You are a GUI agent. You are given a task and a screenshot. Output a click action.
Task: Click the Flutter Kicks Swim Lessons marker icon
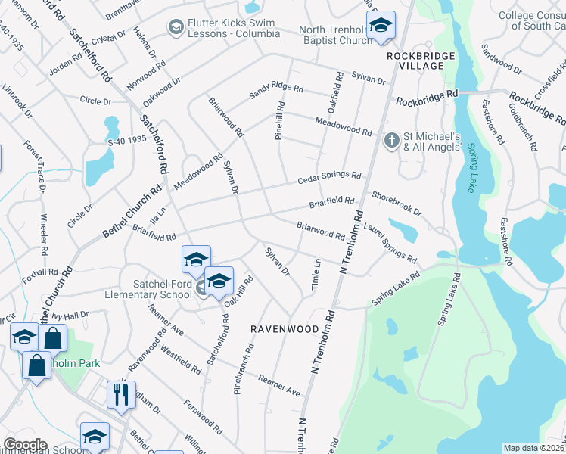click(x=176, y=28)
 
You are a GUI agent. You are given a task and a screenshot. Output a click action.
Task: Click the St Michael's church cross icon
click(x=391, y=141)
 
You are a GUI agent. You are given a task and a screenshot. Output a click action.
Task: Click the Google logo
click(x=25, y=444)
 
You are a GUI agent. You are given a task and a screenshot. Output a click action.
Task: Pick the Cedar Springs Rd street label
click(x=328, y=178)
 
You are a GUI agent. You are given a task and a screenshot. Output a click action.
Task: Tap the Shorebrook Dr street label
click(x=396, y=204)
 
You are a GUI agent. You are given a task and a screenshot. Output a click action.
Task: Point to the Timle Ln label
click(x=316, y=272)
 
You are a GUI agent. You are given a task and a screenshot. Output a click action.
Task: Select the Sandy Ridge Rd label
click(x=275, y=92)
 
